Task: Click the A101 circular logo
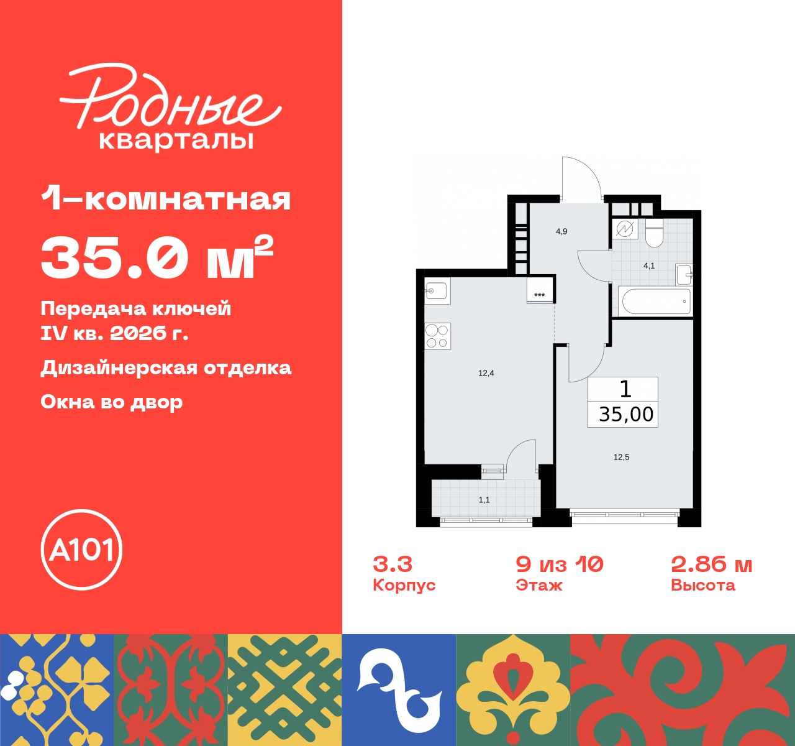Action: coord(81,550)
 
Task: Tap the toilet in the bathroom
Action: coord(654,233)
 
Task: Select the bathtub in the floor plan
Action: coord(656,302)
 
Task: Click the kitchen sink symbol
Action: coord(437,290)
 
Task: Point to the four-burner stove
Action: coord(437,336)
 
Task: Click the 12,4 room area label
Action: coord(486,373)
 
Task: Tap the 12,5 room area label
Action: coord(621,457)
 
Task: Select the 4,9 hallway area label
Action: coord(561,231)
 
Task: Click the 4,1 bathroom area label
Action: coord(649,265)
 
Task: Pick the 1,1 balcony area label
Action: coord(484,500)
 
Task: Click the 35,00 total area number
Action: coord(626,414)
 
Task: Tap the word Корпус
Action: coord(404,585)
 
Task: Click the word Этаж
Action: coord(539,585)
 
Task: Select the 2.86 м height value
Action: coord(712,564)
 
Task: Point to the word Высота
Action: coord(703,585)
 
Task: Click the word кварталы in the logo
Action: coord(176,140)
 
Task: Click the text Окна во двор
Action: coord(112,402)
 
